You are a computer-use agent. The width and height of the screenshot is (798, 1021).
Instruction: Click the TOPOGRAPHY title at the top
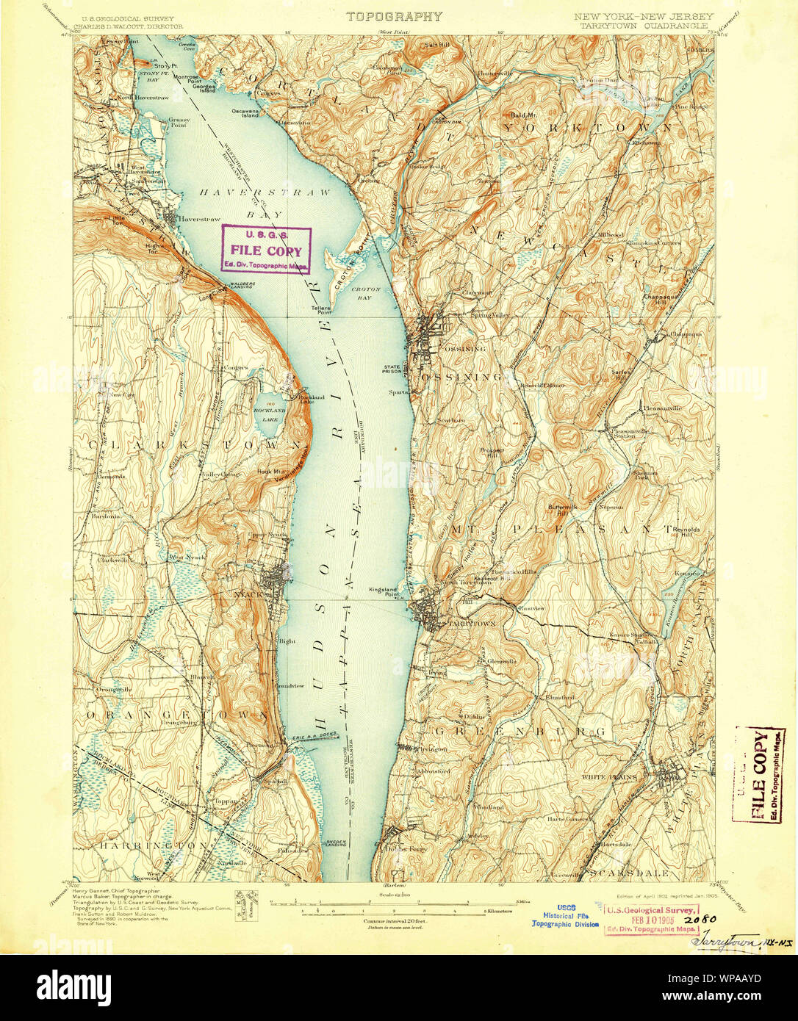click(394, 16)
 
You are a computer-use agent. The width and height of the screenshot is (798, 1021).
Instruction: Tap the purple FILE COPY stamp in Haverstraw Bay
click(267, 250)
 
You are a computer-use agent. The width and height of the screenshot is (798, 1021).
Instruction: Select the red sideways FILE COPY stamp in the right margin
click(760, 775)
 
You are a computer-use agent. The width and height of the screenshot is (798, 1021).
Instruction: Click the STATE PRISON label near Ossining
click(392, 370)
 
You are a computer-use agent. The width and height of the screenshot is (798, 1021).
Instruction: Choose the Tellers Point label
click(320, 310)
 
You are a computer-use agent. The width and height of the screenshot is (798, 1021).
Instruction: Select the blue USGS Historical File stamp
click(565, 914)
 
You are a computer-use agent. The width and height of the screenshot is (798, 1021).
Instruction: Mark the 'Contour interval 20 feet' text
click(395, 920)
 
